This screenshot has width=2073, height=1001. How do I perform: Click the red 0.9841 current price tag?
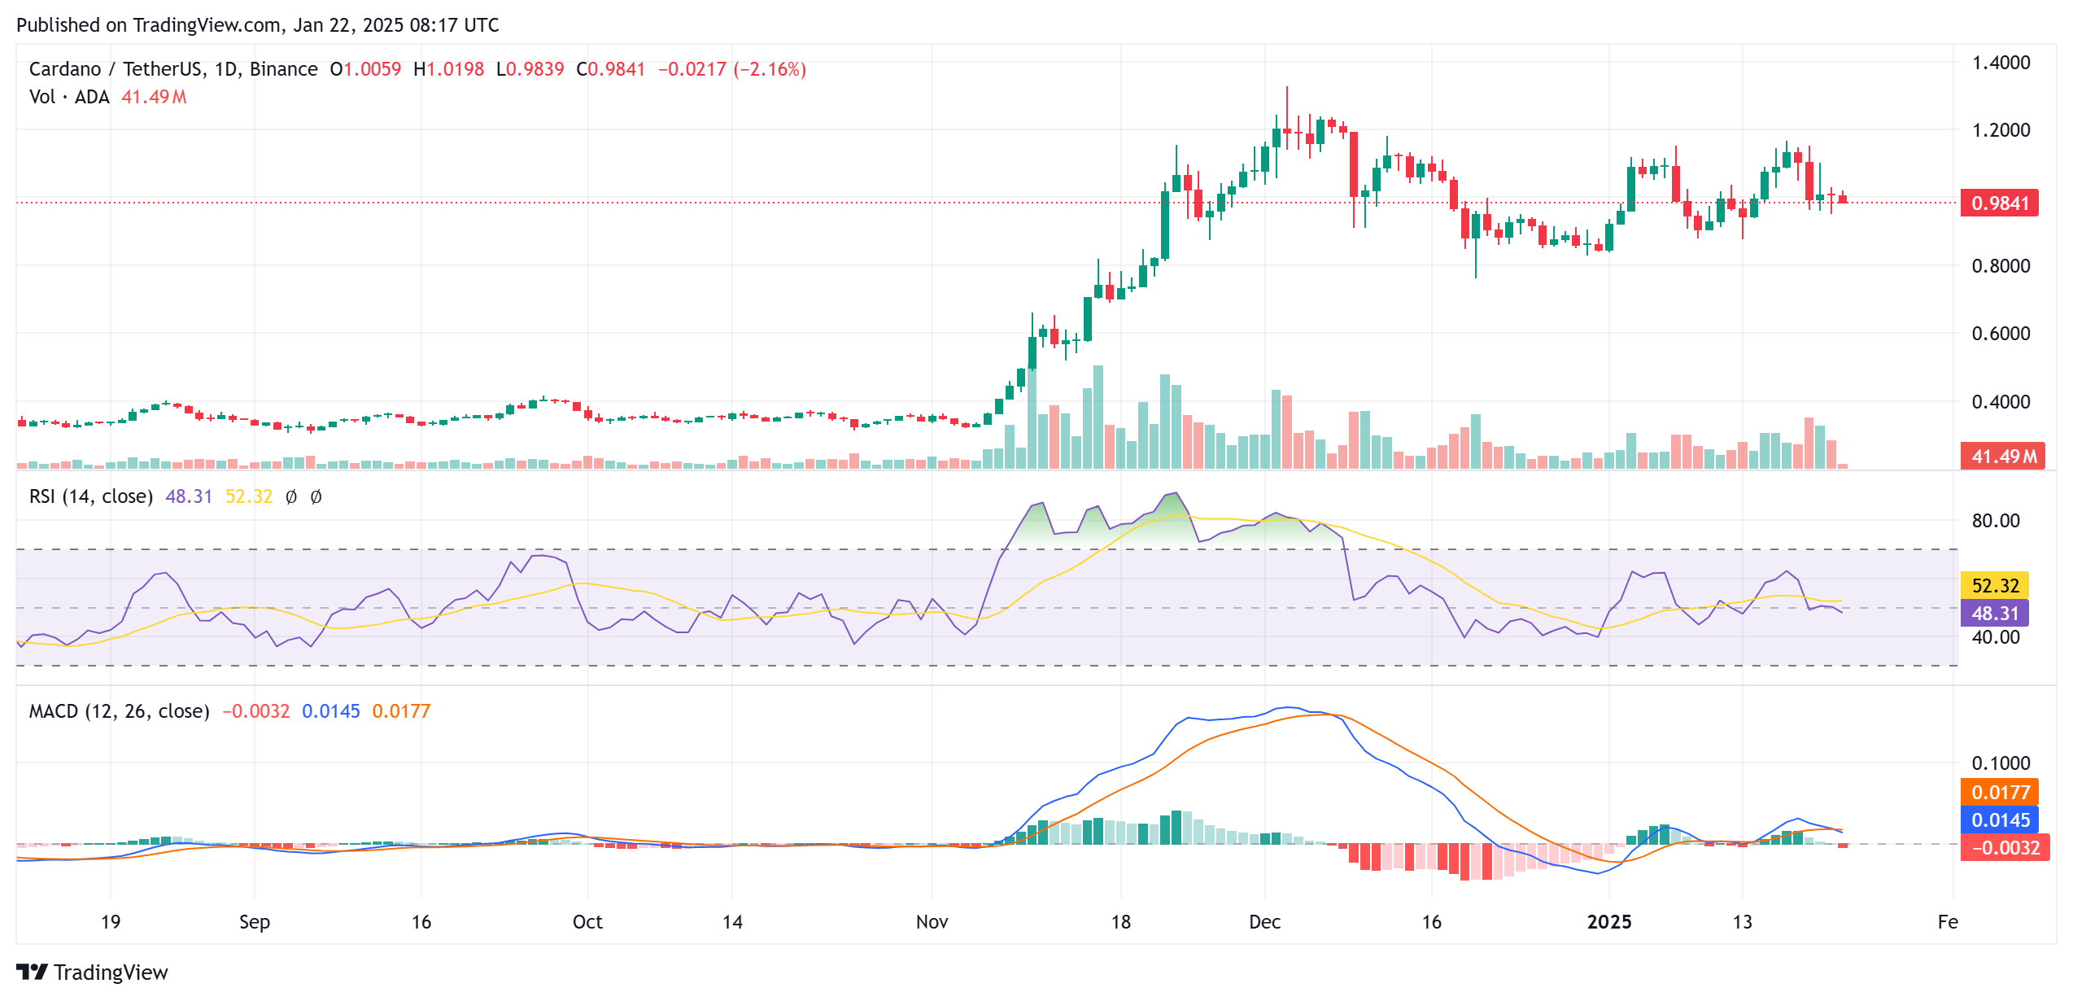coord(1999,203)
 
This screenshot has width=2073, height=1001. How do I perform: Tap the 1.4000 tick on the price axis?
coord(2001,63)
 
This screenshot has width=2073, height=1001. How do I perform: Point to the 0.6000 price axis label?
coord(2001,333)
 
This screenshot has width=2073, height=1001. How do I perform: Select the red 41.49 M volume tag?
coord(2002,457)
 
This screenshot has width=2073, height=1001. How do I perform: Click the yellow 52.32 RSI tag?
coord(1995,585)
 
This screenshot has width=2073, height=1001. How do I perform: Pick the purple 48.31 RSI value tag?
coord(1995,613)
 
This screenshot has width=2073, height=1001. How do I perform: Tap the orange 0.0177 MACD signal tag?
coord(2001,792)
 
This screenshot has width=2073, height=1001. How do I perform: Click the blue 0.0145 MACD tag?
coord(2001,820)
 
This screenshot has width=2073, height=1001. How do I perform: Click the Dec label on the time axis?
coord(1264,922)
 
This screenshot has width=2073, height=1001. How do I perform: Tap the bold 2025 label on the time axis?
coord(1609,922)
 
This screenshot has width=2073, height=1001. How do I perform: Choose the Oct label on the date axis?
coord(587,922)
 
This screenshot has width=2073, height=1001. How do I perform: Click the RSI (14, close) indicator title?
coord(91,496)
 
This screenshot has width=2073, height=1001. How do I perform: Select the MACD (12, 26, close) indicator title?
coord(119,711)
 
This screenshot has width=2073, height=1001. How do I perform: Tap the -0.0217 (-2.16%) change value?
coord(731,69)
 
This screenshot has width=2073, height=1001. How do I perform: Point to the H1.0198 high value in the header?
coord(448,69)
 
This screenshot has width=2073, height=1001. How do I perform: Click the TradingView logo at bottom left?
coord(92,973)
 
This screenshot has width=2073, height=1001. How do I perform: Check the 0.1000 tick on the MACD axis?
coord(2001,763)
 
